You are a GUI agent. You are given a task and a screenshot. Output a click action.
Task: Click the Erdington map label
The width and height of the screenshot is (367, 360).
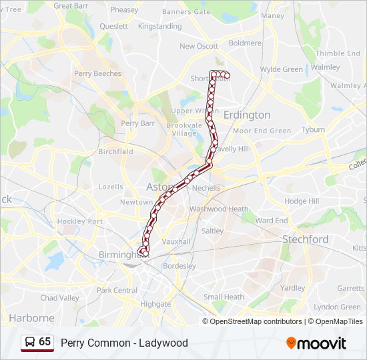[246, 115]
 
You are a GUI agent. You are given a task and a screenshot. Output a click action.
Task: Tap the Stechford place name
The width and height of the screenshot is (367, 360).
[305, 239]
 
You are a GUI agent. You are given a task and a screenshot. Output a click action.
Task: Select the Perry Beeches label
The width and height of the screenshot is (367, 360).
[97, 74]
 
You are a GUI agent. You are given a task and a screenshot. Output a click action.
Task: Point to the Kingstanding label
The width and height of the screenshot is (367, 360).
[159, 27]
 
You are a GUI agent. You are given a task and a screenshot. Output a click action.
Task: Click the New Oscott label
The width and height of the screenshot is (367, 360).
[199, 47]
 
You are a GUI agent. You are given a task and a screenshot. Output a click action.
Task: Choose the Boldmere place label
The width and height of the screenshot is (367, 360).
[245, 43]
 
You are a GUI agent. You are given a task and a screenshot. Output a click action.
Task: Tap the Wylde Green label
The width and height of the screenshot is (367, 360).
[281, 69]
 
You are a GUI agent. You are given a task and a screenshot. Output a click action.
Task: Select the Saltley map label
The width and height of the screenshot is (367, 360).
[213, 231]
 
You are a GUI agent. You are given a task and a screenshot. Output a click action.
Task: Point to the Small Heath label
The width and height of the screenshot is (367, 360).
[224, 297]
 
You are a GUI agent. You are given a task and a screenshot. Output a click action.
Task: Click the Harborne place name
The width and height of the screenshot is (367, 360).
[31, 318]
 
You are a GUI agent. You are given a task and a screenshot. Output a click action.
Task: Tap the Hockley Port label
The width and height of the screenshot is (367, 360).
[79, 221]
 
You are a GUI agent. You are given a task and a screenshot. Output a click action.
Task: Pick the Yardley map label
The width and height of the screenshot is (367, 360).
[292, 288]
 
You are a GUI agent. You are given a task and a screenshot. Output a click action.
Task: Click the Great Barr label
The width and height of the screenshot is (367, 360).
[71, 6]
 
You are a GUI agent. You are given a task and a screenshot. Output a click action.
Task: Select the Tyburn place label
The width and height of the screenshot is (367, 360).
[313, 130]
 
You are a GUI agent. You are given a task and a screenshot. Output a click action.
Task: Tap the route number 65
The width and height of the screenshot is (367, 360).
[45, 342]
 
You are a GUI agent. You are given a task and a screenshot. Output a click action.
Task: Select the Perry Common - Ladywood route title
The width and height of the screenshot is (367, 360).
[124, 343]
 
